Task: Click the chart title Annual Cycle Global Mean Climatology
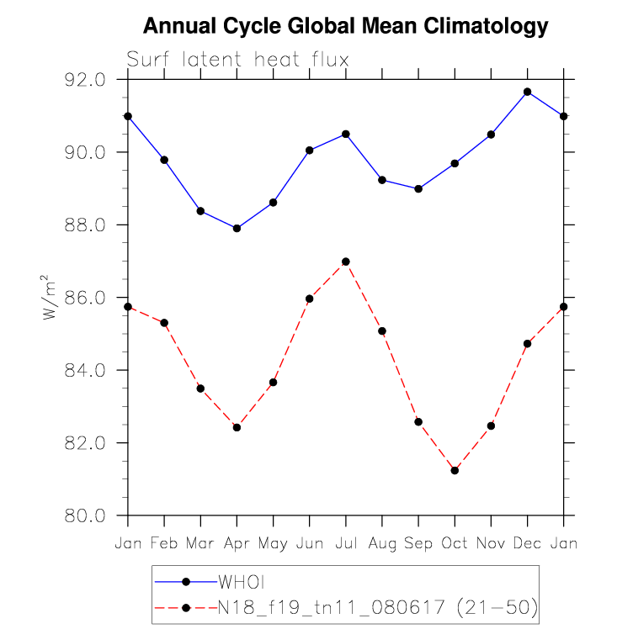[345, 27]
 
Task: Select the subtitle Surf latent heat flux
[237, 60]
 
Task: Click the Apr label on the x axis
[237, 545]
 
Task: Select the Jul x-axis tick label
[346, 544]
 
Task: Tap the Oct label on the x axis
[455, 544]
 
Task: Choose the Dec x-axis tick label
[528, 544]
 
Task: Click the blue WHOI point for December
[528, 92]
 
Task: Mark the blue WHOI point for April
[237, 228]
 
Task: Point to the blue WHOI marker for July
[346, 134]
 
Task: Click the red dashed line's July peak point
[346, 262]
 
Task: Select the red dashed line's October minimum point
[455, 470]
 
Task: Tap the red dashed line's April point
[237, 427]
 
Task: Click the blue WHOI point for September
[418, 188]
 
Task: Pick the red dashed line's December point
[528, 343]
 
